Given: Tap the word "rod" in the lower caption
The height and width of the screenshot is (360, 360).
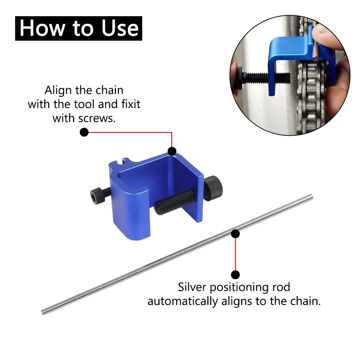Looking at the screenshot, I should click(280, 287).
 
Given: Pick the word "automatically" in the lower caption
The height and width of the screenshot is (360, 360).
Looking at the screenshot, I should click(183, 301).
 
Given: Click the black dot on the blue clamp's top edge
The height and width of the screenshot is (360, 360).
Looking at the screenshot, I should click(172, 151).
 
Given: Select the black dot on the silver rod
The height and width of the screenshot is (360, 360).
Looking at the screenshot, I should click(235, 234).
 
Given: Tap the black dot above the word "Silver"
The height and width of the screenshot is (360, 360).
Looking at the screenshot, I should click(235, 274).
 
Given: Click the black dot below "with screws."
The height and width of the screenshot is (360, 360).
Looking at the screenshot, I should click(84, 132).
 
